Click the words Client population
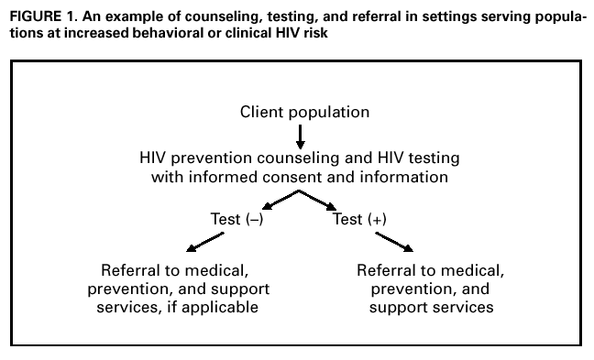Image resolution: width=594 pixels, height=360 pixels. pyautogui.click(x=304, y=113)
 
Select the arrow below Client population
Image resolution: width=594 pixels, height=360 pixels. pyautogui.click(x=300, y=136)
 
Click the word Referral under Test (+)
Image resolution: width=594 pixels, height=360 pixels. pyautogui.click(x=388, y=272)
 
